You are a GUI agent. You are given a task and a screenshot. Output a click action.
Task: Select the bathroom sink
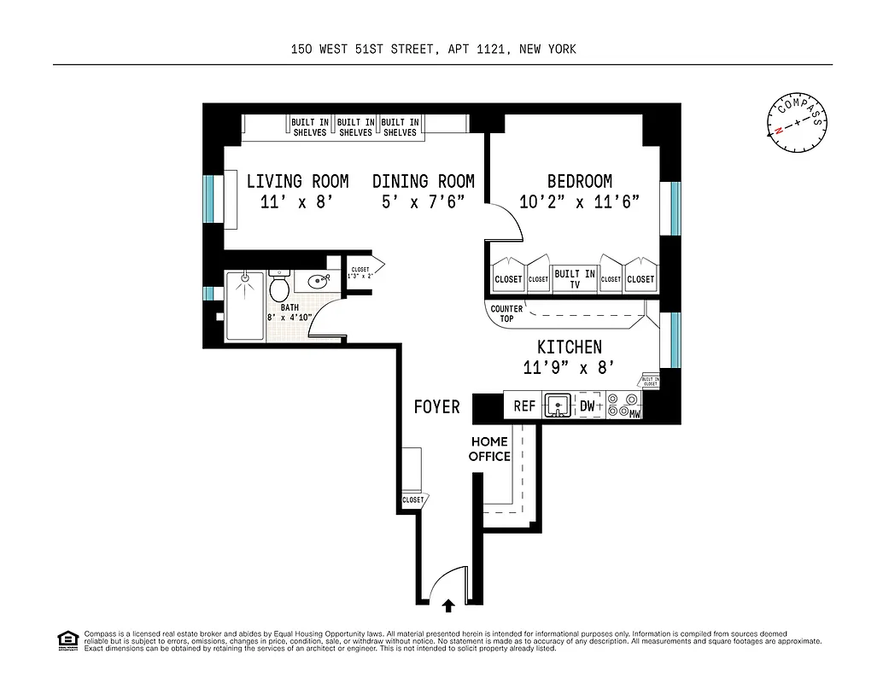(x=318, y=280)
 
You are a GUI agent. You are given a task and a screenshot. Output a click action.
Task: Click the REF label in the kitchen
(x=523, y=406)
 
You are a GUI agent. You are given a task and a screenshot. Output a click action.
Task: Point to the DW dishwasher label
(x=588, y=406)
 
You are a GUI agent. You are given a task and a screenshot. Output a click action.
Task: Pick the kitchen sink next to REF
(x=557, y=405)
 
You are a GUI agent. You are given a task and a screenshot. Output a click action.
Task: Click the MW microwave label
(x=634, y=415)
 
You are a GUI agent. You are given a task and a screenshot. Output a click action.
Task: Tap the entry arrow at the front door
(x=448, y=605)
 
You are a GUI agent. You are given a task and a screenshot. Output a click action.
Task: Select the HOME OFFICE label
(x=488, y=449)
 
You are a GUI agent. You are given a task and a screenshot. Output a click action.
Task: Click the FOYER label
(x=436, y=406)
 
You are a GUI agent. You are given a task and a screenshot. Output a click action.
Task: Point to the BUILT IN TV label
(x=574, y=279)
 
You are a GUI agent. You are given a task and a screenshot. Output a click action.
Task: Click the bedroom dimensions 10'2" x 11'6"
(x=579, y=202)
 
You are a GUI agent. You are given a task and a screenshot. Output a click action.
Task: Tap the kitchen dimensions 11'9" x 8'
(x=569, y=368)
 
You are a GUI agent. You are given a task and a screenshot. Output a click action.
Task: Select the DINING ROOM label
(x=423, y=182)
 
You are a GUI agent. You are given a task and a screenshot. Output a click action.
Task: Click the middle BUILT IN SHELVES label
(x=355, y=127)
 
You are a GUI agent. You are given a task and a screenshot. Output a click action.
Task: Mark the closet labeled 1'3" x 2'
(x=360, y=273)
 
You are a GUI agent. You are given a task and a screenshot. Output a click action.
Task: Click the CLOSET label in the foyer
(x=412, y=500)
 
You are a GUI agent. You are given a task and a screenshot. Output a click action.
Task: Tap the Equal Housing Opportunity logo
(x=67, y=639)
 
